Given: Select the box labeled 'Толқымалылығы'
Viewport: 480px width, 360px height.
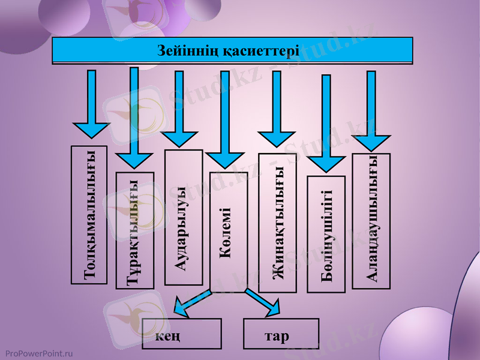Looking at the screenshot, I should [x=89, y=214].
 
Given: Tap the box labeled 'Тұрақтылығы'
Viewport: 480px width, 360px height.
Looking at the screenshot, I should [x=134, y=230].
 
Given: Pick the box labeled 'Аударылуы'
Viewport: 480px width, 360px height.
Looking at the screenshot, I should [x=183, y=217].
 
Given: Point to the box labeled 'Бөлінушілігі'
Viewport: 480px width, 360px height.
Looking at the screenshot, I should [x=326, y=234].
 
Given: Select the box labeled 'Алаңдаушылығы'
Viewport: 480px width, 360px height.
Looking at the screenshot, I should [x=371, y=221].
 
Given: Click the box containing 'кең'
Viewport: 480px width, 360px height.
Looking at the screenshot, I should [x=182, y=334].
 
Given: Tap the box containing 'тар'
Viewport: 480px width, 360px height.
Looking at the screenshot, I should [x=280, y=334].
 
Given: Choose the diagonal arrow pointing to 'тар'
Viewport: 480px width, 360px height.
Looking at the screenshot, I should [x=263, y=303].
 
